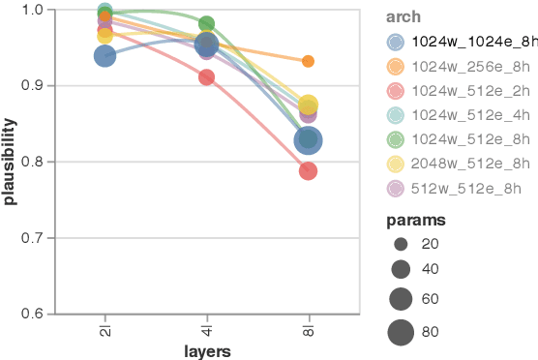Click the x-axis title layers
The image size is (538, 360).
click(x=206, y=350)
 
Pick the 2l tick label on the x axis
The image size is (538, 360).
click(x=105, y=328)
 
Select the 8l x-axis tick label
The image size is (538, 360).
click(x=308, y=328)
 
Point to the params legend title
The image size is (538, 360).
click(x=410, y=222)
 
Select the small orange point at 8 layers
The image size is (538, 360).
click(x=308, y=61)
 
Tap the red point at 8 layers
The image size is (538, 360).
click(x=308, y=170)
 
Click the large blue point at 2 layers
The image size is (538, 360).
click(x=105, y=56)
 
